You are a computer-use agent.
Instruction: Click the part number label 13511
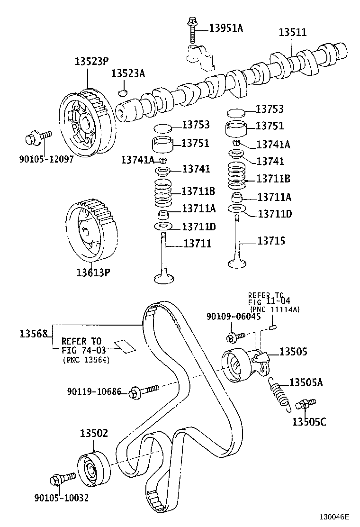(292, 33)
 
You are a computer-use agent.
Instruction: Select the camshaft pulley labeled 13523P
(85, 122)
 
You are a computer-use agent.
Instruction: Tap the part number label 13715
(271, 241)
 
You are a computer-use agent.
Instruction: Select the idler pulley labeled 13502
(92, 470)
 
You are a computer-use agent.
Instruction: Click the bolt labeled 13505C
(305, 405)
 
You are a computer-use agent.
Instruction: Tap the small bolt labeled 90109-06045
(235, 337)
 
